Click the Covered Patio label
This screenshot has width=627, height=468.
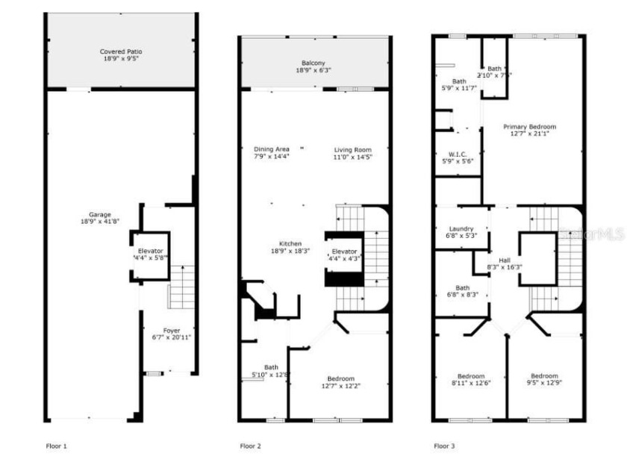point(121,52)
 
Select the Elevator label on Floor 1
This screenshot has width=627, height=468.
point(150,250)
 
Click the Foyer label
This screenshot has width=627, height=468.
point(172,331)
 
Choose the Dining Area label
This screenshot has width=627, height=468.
point(271,149)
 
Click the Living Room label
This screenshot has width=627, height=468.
point(352,149)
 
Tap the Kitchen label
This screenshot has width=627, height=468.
point(290,244)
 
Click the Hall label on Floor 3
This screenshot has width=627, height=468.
point(505,258)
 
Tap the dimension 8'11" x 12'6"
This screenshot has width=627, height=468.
point(471,383)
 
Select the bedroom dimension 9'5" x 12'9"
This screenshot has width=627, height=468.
point(544,383)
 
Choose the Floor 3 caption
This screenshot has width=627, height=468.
point(444,446)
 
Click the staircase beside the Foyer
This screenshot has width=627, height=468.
point(182,287)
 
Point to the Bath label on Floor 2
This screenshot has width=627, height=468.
point(270,367)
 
